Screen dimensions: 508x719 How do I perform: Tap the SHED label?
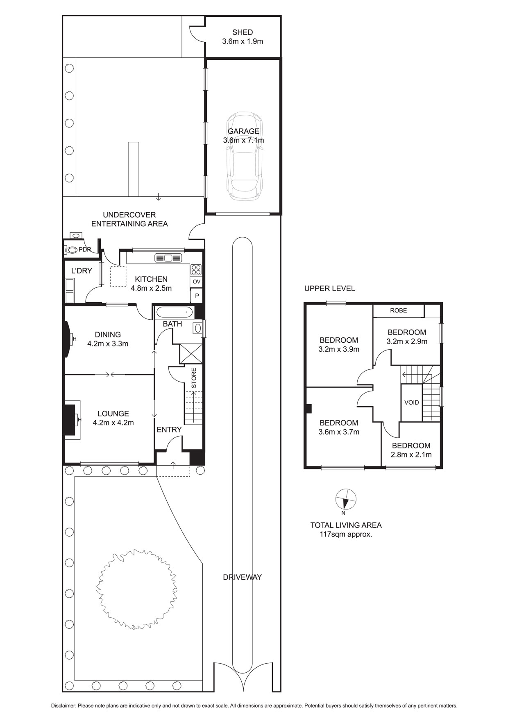[243, 32]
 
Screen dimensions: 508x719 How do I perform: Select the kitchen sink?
[168, 258]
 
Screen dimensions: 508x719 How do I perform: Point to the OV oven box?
[197, 282]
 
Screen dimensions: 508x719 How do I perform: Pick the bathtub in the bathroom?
[175, 313]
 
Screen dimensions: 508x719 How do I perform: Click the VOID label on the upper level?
[412, 403]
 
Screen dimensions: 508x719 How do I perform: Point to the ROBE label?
[398, 310]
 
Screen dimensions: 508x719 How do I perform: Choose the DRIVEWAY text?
[242, 577]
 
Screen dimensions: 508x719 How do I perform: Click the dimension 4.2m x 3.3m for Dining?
[108, 344]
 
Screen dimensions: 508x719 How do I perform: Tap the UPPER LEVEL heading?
[329, 288]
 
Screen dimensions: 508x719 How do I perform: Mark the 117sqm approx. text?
[346, 534]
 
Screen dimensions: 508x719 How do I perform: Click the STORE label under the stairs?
[194, 378]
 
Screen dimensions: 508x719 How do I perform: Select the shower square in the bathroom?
[191, 354]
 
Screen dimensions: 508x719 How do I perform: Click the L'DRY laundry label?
[82, 271]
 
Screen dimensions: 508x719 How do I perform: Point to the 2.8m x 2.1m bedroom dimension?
[411, 455]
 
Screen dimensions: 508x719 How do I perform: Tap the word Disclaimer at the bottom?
[63, 706]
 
